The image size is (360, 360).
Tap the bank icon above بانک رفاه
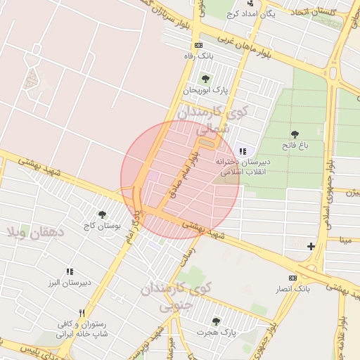pos(198,45)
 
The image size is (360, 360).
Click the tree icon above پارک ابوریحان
pos(205,79)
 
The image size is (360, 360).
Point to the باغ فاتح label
pos(295,146)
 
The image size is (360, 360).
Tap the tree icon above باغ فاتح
pos(294,134)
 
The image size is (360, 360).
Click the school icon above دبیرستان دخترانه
pos(243,150)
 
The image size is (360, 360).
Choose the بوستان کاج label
pos(103,226)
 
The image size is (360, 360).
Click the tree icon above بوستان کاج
pos(103,214)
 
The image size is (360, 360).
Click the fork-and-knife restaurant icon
pos(82,314)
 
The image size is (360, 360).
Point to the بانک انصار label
pos(293,289)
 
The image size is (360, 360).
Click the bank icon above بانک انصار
pos(293,278)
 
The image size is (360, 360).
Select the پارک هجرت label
pos(216,332)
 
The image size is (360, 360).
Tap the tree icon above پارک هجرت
pos(216,321)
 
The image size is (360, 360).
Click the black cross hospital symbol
pos(311,245)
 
